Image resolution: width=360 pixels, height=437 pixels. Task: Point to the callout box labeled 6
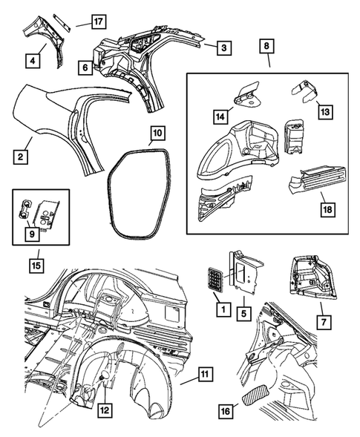pyautogui.click(x=85, y=68)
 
